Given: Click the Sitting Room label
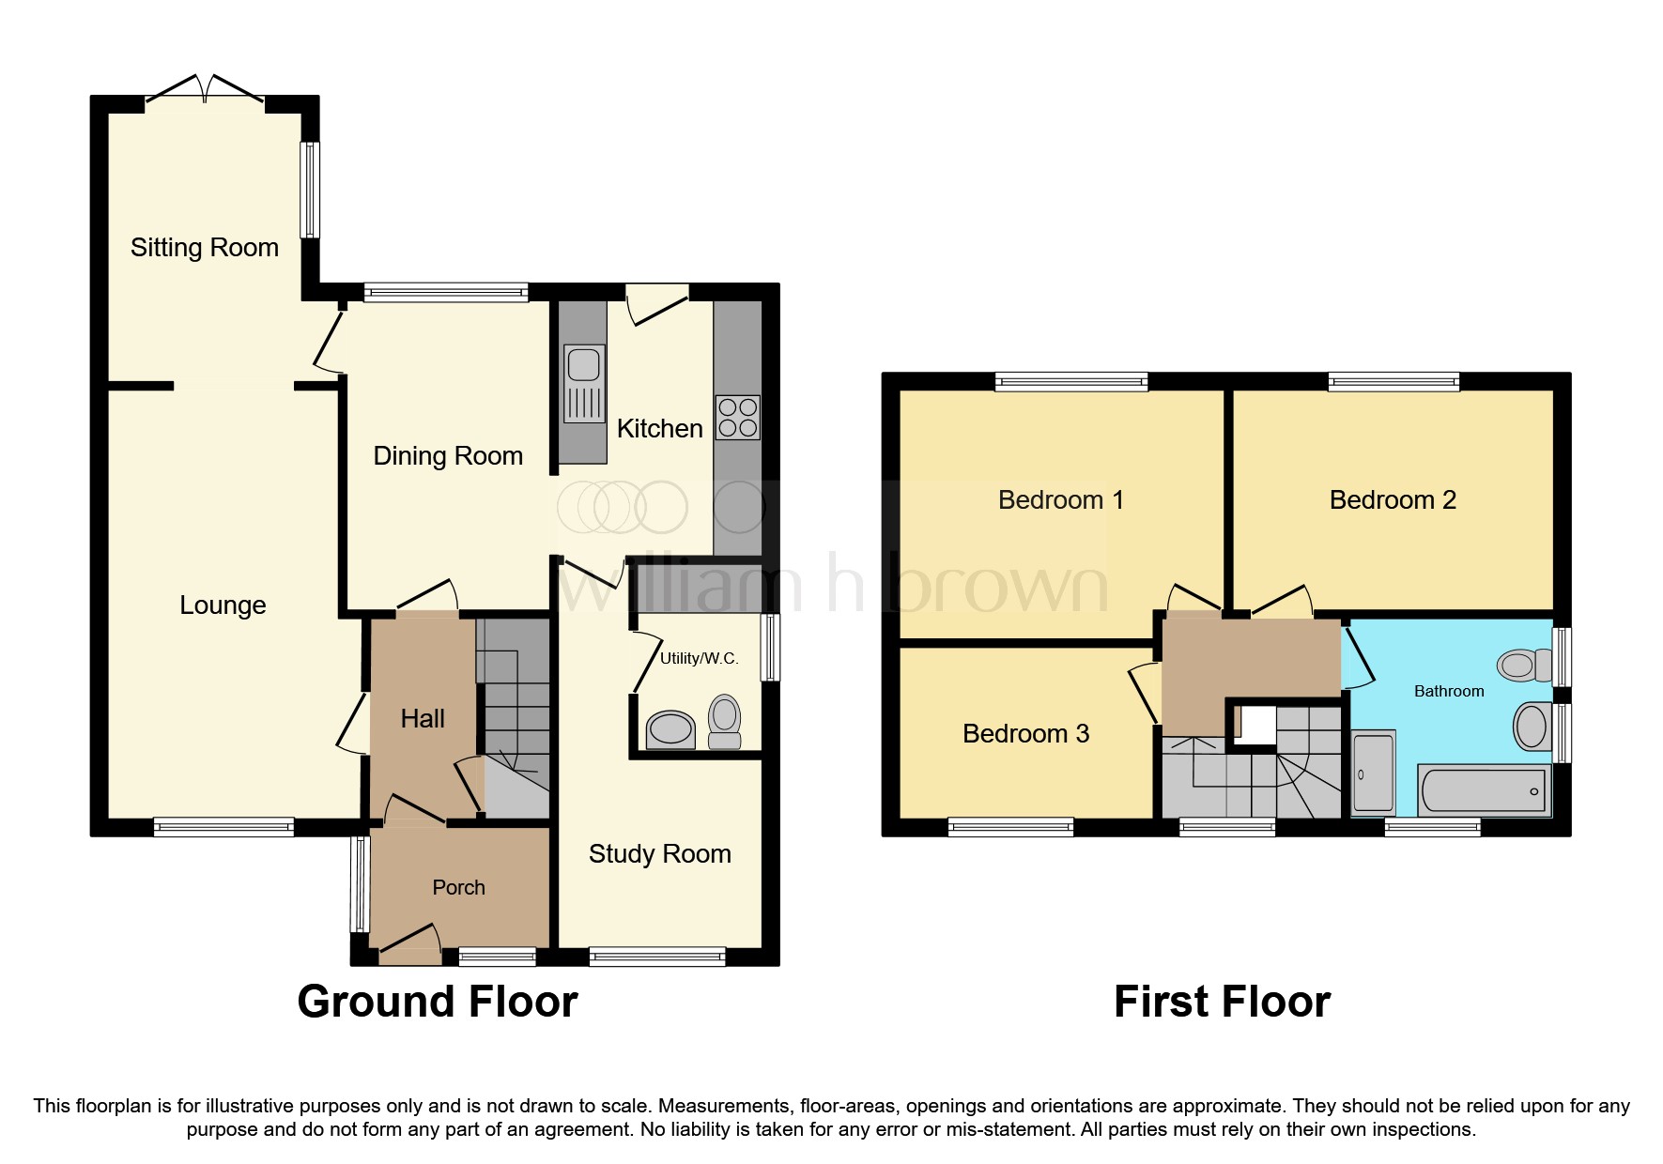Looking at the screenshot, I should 204,248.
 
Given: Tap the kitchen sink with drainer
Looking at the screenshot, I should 583,383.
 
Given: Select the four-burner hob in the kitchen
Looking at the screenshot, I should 737,418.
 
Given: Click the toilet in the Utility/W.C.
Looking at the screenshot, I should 724,720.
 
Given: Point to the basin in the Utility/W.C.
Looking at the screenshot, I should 670,728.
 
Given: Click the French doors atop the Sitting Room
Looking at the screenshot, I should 205,88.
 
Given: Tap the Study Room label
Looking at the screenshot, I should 659,854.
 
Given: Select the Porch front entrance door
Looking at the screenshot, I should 410,942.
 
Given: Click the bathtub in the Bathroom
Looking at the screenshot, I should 1484,790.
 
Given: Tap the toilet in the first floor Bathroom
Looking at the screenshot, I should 1525,666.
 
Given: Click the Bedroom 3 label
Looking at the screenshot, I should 1025,734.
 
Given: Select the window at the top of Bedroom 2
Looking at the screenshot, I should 1394,381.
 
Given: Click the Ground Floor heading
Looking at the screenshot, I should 437,1002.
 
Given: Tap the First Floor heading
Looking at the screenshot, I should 1222,1002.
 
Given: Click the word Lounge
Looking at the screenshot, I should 223,605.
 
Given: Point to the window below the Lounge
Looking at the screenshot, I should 223,827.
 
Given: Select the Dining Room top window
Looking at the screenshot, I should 446,292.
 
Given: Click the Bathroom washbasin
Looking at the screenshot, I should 1531,727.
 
